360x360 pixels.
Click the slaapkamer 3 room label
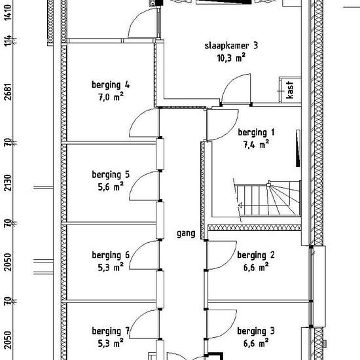[x=231, y=45]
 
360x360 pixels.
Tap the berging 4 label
[x=111, y=84]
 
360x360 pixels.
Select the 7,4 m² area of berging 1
[x=256, y=145]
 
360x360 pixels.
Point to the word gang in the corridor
[x=186, y=234]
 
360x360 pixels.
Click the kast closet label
[x=290, y=90]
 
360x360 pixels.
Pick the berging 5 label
[x=111, y=175]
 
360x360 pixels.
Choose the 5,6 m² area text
[x=111, y=187]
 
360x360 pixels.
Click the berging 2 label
[x=256, y=255]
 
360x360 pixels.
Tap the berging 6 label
[x=111, y=255]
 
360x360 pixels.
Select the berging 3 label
[x=256, y=331]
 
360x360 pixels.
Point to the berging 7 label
[x=111, y=331]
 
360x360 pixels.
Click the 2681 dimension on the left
[x=8, y=92]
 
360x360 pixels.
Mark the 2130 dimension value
[x=8, y=183]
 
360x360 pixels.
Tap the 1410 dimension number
[x=8, y=12]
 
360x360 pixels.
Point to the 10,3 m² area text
[x=231, y=58]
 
